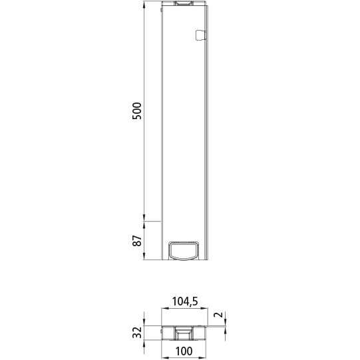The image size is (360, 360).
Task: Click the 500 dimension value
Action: pos(137,110)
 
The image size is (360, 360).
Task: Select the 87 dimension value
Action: pos(137,241)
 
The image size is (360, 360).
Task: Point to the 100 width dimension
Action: pos(185,351)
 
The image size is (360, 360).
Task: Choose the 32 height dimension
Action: pos(137,332)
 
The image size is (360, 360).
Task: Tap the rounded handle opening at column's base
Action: pos(184,250)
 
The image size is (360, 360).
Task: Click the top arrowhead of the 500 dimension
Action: pos(144,5)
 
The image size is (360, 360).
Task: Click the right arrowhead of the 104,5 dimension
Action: pos(208,310)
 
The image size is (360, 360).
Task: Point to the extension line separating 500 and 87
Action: pos(152,221)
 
